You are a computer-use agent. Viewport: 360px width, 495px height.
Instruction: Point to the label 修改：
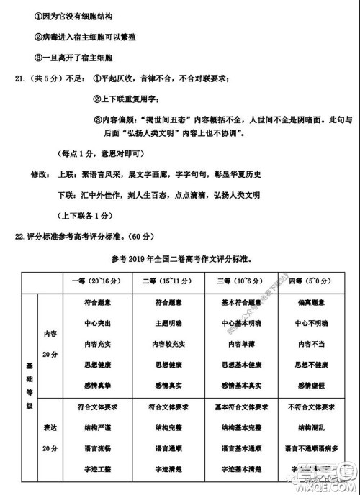tap(40, 175)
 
